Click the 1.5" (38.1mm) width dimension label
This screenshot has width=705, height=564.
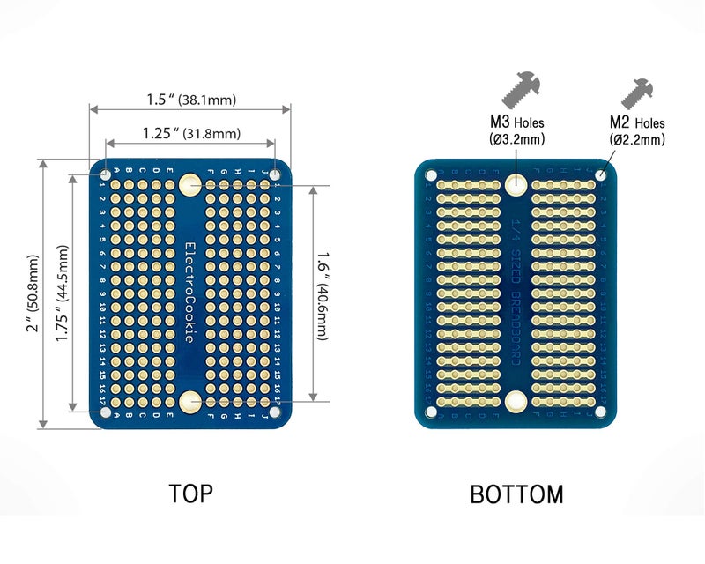click(191, 100)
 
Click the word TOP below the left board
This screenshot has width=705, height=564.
click(190, 493)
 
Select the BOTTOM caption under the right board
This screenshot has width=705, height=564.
click(516, 494)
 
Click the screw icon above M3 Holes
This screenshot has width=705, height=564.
click(520, 89)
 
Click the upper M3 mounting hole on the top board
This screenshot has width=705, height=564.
click(189, 184)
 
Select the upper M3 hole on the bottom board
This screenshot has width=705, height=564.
click(516, 184)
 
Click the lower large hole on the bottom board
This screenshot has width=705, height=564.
click(516, 402)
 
